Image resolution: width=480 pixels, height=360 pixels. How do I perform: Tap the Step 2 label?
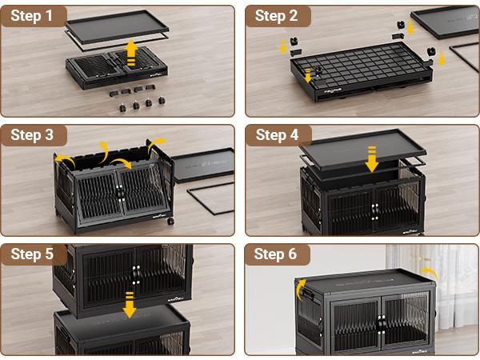276,15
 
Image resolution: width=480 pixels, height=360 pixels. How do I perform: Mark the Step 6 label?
276,254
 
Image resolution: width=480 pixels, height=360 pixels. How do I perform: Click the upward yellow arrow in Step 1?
132,53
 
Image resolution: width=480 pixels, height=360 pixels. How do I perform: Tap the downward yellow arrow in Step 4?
372,159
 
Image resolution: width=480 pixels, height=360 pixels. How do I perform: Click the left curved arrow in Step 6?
302,286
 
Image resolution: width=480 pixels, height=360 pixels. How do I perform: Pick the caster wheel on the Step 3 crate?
169,218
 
